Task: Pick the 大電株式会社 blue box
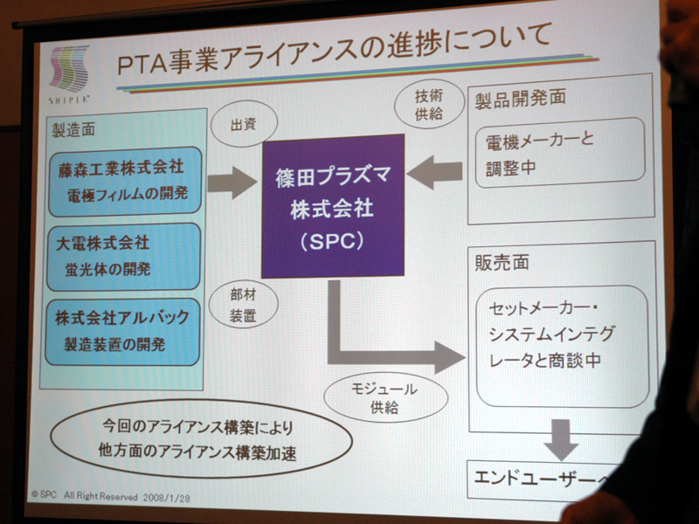(123, 258)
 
